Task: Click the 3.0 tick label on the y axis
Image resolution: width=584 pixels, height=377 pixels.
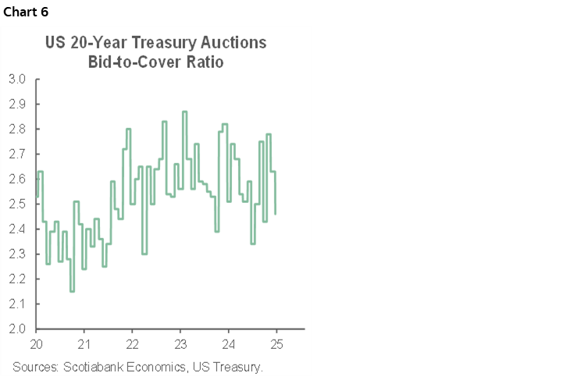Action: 17,79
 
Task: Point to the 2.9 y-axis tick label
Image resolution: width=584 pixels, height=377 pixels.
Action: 17,104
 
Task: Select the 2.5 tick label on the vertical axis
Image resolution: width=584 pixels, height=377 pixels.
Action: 17,204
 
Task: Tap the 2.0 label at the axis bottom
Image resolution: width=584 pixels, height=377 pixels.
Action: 17,329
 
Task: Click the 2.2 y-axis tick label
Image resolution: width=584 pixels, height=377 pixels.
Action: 17,279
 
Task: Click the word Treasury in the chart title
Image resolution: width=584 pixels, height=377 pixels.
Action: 166,44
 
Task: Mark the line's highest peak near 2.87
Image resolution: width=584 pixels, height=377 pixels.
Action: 184,112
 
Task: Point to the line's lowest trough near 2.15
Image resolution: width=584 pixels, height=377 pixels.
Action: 72,291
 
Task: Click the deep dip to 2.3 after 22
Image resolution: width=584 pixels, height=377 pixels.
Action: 144,254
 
